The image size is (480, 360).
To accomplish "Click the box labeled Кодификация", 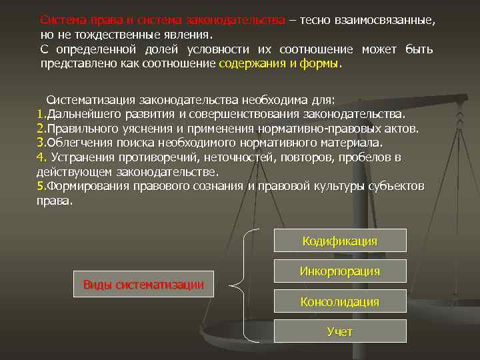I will pos(340,241).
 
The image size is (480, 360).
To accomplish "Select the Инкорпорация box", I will pos(340,271).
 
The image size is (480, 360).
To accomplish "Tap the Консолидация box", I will pos(340,302).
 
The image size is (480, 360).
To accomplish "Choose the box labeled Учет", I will pos(340,331).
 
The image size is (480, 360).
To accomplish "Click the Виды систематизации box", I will pos(143,285).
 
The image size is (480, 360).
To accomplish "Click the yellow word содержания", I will pos(251,64).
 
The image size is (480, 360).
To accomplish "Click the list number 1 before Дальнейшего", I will pos(40,113).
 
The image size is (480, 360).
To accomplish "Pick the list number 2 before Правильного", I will pos(41,128).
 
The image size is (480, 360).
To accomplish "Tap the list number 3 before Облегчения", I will pos(41,143).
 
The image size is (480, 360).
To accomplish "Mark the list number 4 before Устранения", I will pos(40,157).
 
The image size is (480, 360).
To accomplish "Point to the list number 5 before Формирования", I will pos(40,186).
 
